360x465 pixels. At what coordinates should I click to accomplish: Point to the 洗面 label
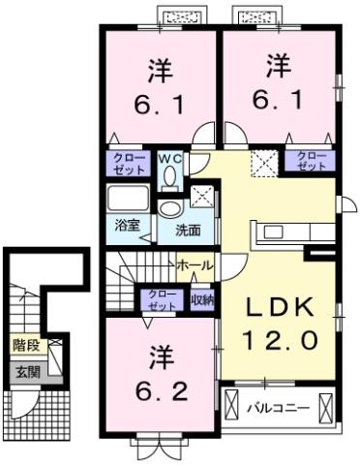point(187,231)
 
